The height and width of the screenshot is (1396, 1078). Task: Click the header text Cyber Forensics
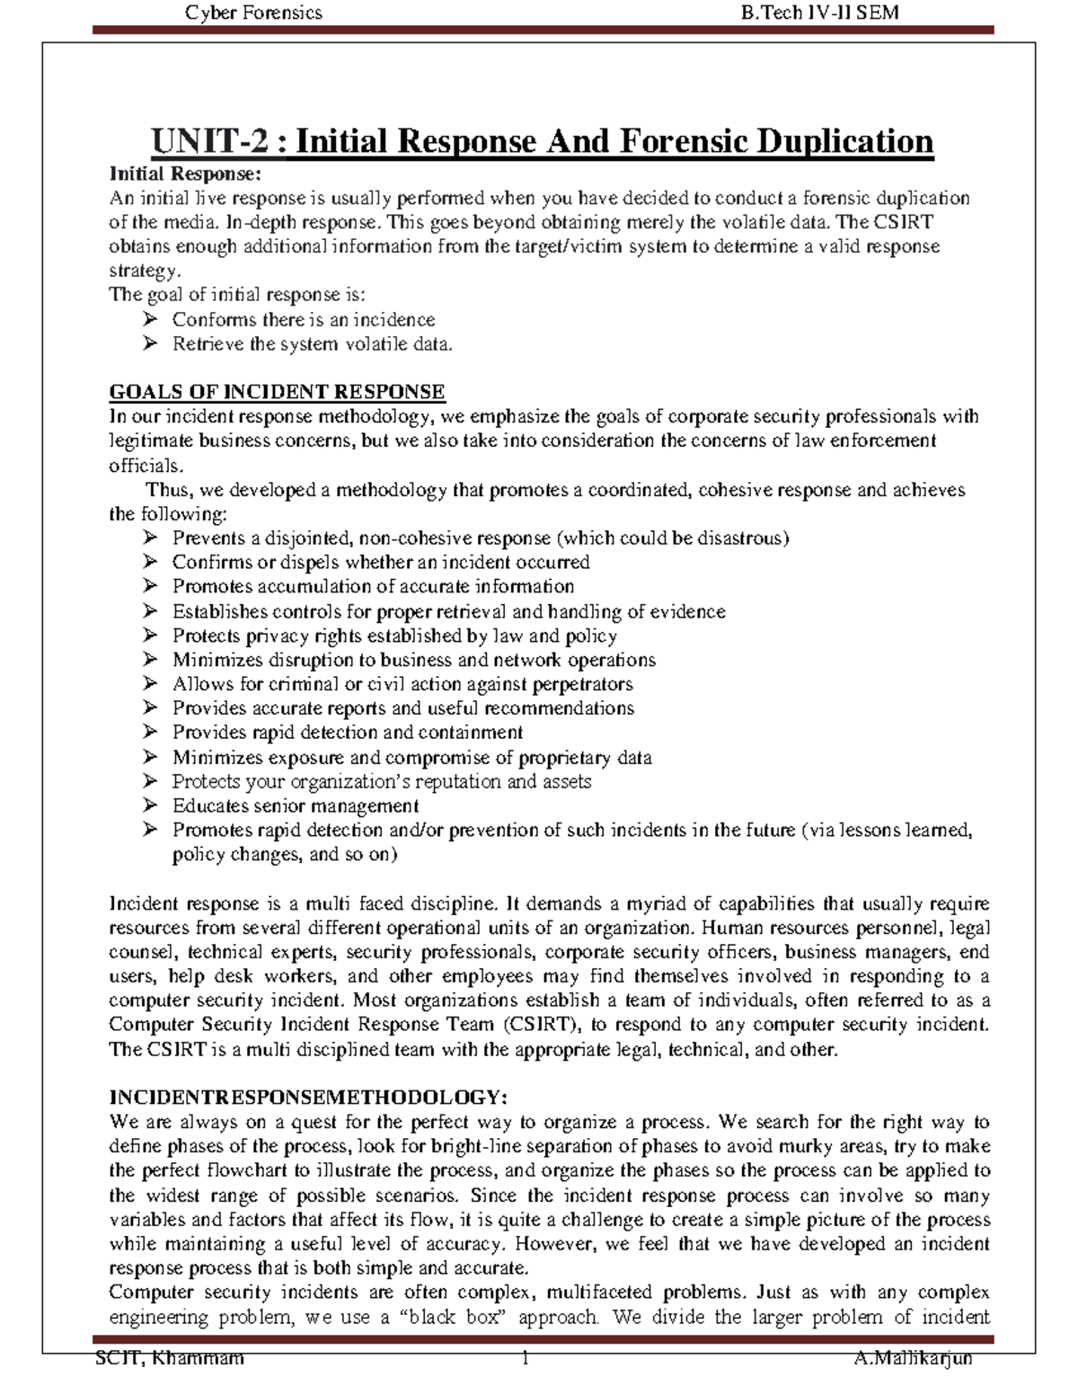click(x=252, y=12)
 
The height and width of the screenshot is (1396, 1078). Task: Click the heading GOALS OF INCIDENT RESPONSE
click(x=277, y=392)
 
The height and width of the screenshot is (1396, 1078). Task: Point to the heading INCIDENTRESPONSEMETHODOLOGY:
click(x=308, y=1098)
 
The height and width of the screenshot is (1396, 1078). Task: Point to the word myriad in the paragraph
click(x=651, y=903)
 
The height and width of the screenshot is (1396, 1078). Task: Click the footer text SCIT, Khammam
click(x=170, y=1358)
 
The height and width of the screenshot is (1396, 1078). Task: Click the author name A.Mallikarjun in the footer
click(x=913, y=1358)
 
